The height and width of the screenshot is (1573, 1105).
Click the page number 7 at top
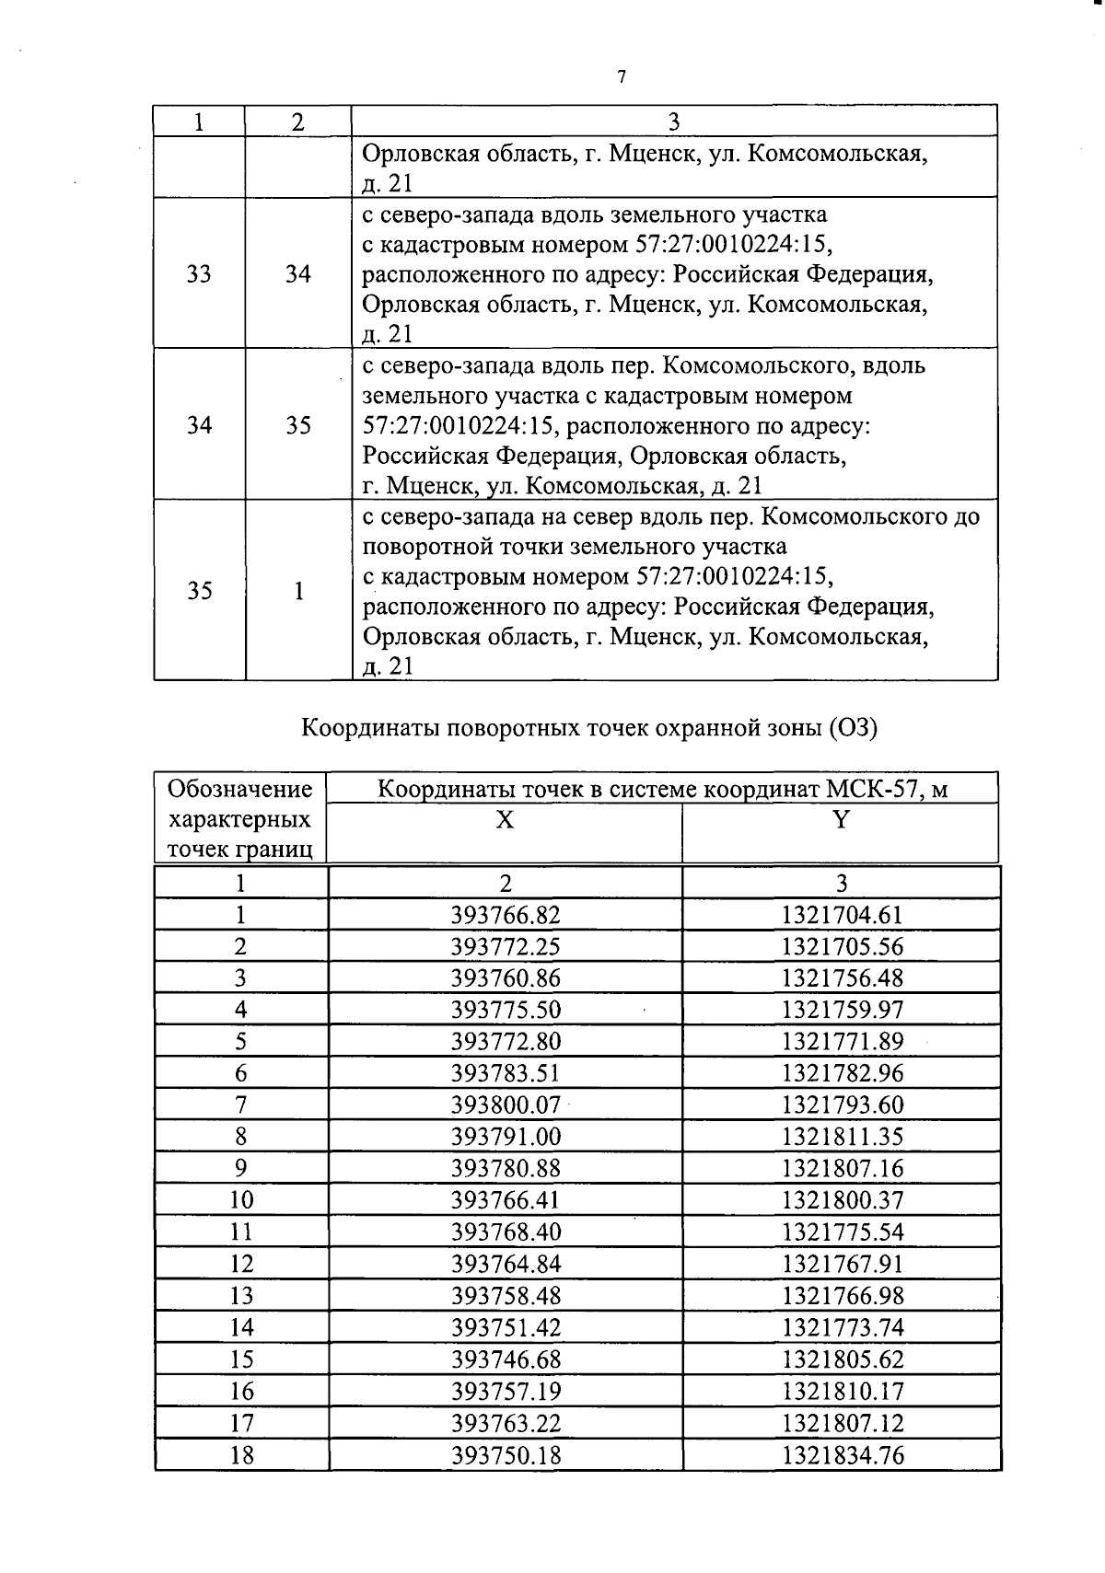coord(622,77)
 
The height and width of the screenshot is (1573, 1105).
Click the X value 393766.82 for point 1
coord(506,915)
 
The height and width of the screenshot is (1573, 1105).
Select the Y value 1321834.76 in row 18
coord(842,1454)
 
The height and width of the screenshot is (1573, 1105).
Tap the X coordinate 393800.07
coord(506,1104)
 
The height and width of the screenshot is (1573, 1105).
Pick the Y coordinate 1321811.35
coord(842,1136)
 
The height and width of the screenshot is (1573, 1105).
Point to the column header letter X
coord(505,819)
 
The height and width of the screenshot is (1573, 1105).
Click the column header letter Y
coord(840,819)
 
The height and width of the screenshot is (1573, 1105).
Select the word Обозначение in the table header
coord(240,789)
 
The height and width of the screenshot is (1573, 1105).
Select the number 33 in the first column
coord(199,273)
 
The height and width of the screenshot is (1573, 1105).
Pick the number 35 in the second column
coord(297,425)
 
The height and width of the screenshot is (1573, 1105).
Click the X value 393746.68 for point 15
coord(506,1359)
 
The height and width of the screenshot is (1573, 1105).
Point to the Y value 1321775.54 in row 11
coord(842,1232)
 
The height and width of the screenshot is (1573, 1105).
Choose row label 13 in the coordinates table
coord(241,1296)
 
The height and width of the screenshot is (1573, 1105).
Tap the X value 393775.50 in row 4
coord(506,1010)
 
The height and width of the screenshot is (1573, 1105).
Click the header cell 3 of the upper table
coord(673,121)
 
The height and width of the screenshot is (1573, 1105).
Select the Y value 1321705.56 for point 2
coord(842,947)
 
